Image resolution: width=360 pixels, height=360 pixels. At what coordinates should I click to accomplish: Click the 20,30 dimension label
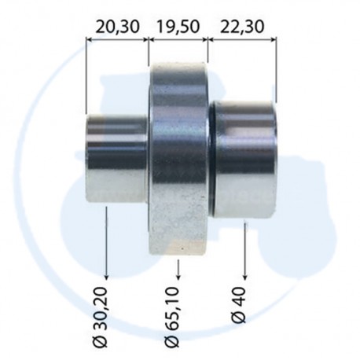(116, 26)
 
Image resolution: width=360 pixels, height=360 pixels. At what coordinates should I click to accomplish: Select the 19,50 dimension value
(178, 26)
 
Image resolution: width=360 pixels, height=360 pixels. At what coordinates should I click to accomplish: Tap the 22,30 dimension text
(241, 26)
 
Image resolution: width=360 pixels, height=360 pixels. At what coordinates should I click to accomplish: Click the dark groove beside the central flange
(213, 157)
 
